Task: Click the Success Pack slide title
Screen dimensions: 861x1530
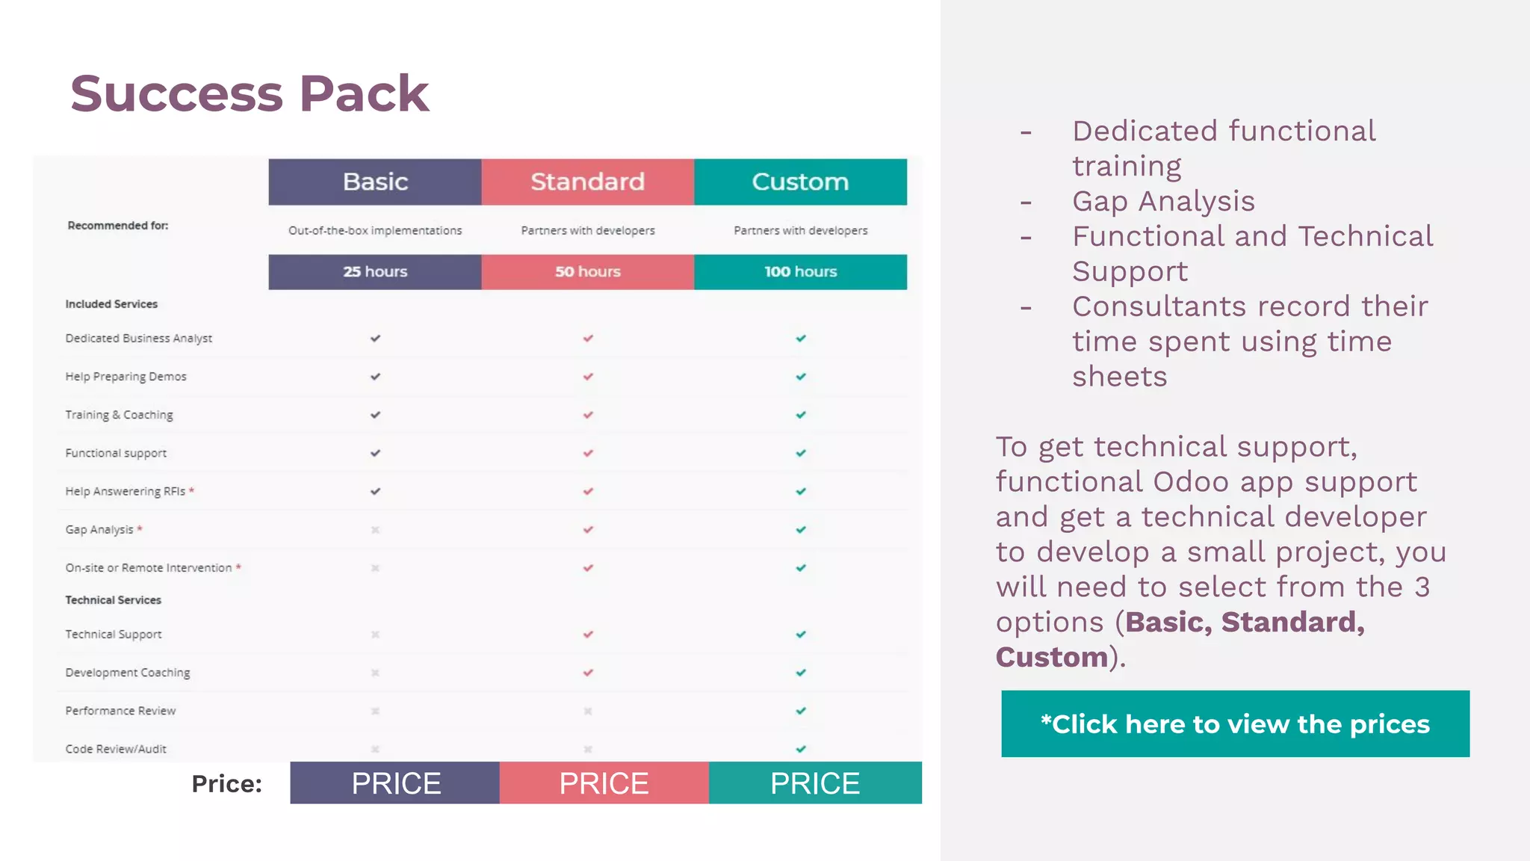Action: point(250,93)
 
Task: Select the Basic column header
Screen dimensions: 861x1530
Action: point(375,182)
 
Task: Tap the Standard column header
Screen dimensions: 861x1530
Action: point(588,182)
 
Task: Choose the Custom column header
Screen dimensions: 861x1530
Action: point(800,182)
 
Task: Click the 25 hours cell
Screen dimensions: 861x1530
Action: point(375,272)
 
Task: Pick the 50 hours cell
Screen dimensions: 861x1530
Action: point(588,272)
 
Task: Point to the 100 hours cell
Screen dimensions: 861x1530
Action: point(800,272)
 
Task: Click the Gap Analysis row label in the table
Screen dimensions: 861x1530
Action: point(99,530)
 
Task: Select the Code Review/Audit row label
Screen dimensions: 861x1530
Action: point(116,749)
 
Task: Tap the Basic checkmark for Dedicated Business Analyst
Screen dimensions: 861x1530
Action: point(375,339)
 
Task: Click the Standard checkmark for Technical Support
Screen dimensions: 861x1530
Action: point(588,635)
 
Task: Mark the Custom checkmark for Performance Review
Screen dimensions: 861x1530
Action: point(801,711)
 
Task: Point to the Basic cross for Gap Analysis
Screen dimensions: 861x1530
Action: point(375,530)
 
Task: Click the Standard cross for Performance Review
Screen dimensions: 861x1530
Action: point(588,712)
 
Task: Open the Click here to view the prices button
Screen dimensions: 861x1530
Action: point(1235,723)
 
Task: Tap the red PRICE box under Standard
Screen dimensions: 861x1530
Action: point(604,783)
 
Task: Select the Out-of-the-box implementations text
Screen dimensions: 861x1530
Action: point(375,231)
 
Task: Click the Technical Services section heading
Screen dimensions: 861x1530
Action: point(113,600)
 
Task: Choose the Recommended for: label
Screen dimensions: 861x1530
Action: point(118,226)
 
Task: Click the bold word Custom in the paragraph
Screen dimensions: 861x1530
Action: point(1052,658)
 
